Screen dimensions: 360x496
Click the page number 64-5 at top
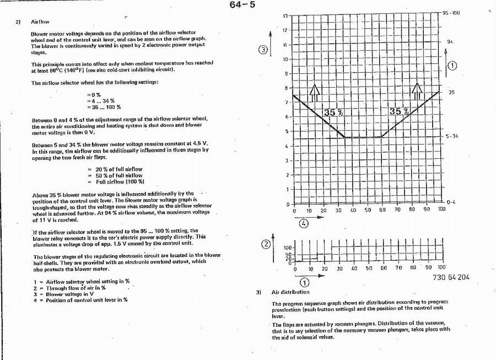click(x=242, y=6)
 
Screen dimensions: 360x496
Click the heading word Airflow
click(x=40, y=22)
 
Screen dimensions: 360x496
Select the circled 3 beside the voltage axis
click(x=263, y=50)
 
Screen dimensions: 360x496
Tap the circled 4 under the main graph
click(x=304, y=223)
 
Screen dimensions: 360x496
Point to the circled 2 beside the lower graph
click(x=266, y=244)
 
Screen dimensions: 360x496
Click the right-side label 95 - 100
click(x=451, y=12)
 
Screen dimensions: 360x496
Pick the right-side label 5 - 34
click(x=452, y=136)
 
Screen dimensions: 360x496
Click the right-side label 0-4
click(x=451, y=202)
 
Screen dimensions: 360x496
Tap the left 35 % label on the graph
click(x=333, y=112)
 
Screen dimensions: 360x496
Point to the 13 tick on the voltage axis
click(x=286, y=16)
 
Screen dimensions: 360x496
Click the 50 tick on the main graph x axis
click(x=368, y=210)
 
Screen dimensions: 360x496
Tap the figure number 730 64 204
click(x=448, y=277)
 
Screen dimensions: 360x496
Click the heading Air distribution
click(x=290, y=292)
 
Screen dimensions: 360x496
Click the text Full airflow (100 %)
click(x=120, y=181)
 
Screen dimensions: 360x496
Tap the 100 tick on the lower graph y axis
click(x=287, y=249)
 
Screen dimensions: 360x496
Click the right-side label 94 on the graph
click(x=450, y=41)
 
